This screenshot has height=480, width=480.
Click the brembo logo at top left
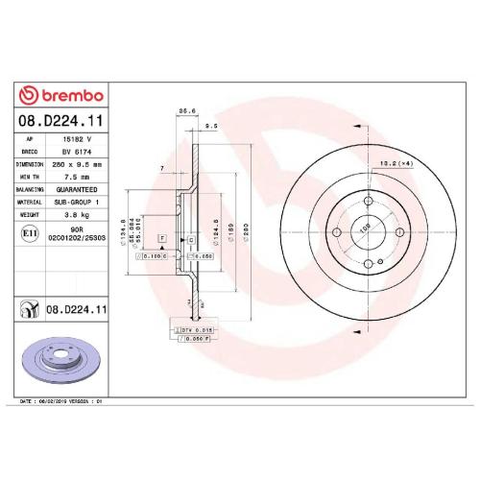[x=63, y=96]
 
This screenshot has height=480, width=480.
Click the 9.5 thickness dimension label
[x=212, y=126]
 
